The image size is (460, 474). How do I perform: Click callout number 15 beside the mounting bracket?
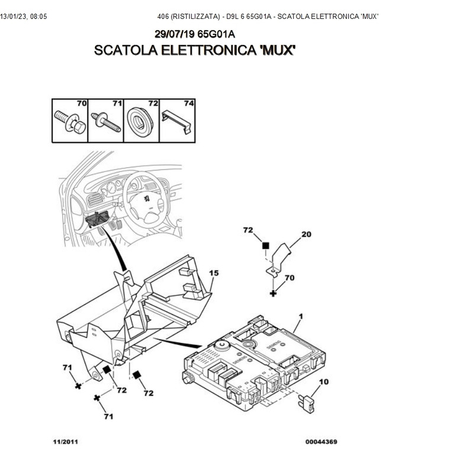pos(214,273)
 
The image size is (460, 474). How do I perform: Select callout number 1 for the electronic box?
pos(301,317)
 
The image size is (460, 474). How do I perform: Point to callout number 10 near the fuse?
pos(324,382)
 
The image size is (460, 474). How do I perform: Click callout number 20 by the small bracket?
pos(305,235)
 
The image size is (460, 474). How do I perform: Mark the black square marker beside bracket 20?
pos(266,245)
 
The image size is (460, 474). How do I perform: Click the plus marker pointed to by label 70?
pos(273,293)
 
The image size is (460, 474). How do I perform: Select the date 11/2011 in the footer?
pos(65,441)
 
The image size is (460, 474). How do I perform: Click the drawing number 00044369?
pos(321,441)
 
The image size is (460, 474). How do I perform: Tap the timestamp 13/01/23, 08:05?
pos(24,16)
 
